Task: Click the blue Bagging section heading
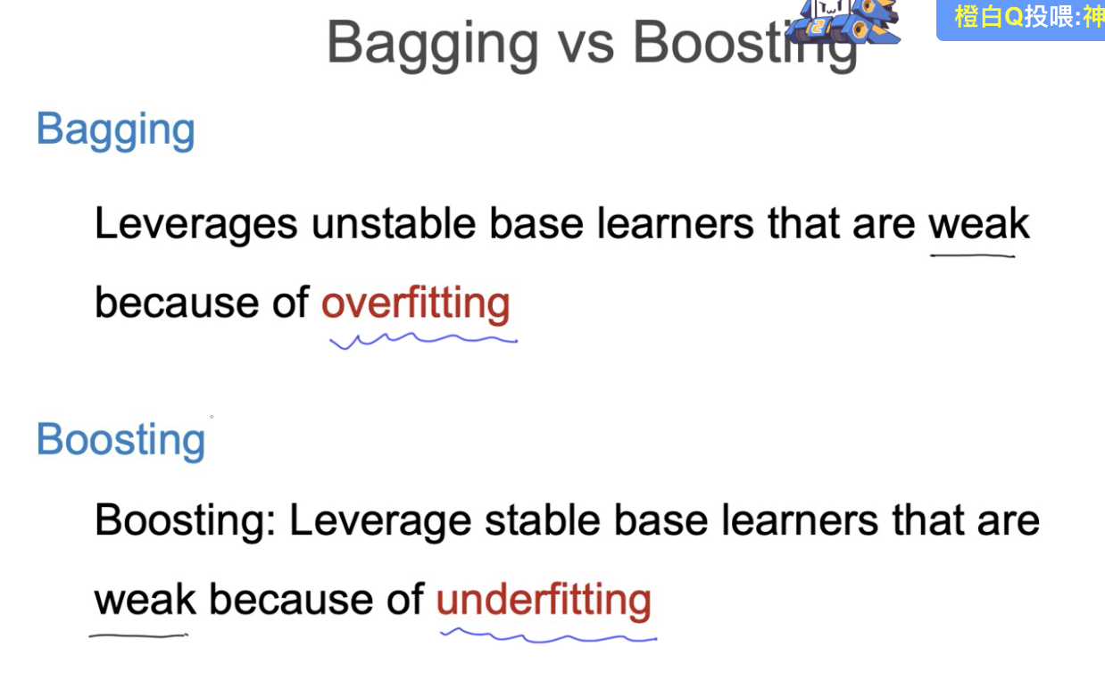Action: click(115, 130)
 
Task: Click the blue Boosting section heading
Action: click(120, 440)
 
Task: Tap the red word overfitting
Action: click(415, 303)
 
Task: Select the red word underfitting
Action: click(543, 600)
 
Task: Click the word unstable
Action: click(393, 223)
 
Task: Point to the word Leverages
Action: click(195, 224)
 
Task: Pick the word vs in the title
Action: click(586, 42)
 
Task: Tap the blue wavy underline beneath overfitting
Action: click(424, 339)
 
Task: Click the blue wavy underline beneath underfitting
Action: click(549, 636)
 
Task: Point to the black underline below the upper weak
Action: click(972, 255)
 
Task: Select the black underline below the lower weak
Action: click(138, 635)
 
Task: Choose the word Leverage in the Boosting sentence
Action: click(379, 521)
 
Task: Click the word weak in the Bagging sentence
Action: click(978, 223)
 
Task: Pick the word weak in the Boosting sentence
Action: click(145, 600)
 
